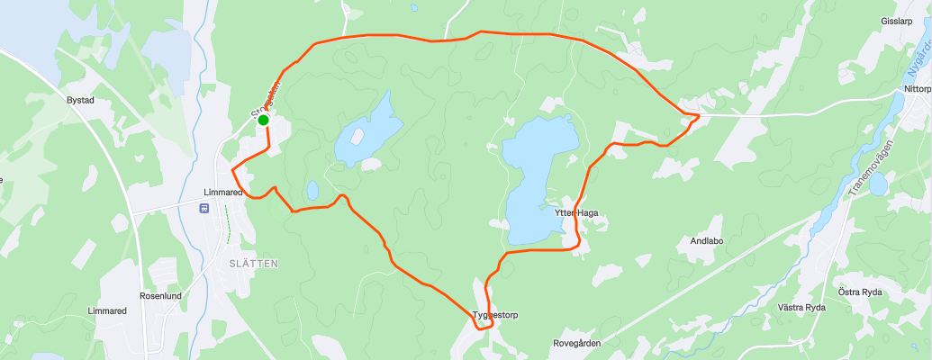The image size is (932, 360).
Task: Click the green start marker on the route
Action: pyautogui.click(x=263, y=120)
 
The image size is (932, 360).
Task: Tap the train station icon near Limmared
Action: pyautogui.click(x=204, y=208)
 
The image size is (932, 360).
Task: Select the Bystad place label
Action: pyautogui.click(x=80, y=100)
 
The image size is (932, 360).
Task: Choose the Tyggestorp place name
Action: pyautogui.click(x=495, y=315)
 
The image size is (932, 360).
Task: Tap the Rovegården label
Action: pyautogui.click(x=577, y=344)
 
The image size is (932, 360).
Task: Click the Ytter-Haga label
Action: pyautogui.click(x=576, y=213)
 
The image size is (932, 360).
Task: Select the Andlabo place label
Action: pyautogui.click(x=707, y=241)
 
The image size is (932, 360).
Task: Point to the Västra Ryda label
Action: pyautogui.click(x=801, y=308)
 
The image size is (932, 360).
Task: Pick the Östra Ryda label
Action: pyautogui.click(x=860, y=292)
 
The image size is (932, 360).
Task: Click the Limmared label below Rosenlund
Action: pyautogui.click(x=107, y=310)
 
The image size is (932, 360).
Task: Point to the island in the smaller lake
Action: pyautogui.click(x=357, y=137)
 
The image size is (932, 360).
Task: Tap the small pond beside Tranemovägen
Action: pyautogui.click(x=878, y=184)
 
